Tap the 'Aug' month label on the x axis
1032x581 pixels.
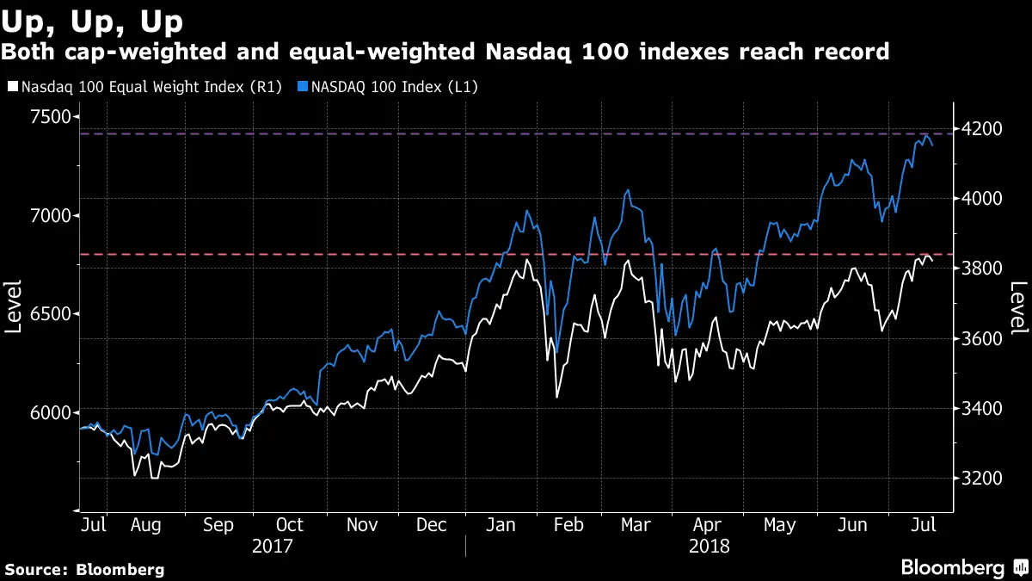144,524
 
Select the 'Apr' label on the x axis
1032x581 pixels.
706,524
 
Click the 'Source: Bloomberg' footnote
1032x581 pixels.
84,569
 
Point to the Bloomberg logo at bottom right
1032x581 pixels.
963,567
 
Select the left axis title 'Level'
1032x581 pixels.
15,307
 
